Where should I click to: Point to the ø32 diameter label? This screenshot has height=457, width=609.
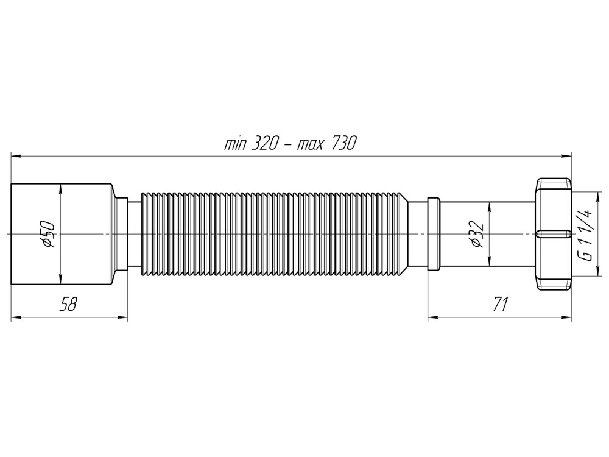tap(478, 234)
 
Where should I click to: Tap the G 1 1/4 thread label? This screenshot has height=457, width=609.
tap(586, 234)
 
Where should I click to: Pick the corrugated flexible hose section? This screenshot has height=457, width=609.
tap(274, 234)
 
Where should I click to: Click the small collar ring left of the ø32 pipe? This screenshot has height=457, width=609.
tap(433, 234)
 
